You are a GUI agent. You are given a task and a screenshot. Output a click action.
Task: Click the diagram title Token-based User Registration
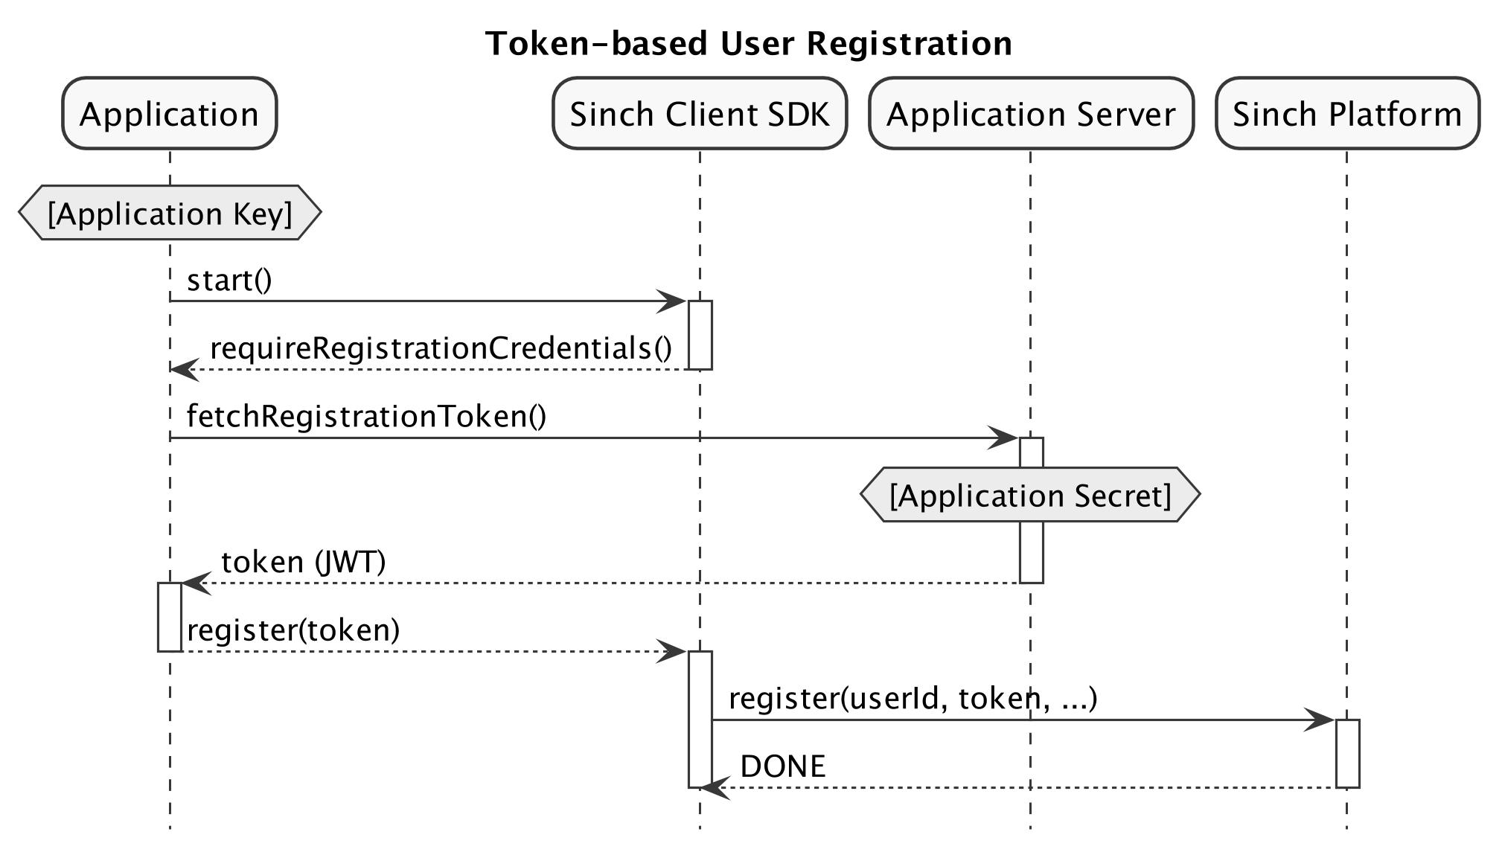coord(748,43)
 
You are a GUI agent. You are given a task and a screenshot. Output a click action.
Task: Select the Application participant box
coord(170,114)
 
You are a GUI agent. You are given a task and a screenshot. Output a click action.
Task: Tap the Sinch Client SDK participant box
coord(700,114)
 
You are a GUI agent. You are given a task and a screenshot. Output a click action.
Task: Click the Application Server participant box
coord(1031,114)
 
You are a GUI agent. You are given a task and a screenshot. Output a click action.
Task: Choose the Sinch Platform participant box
coord(1347,114)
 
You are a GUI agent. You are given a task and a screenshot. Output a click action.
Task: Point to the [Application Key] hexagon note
coord(170,214)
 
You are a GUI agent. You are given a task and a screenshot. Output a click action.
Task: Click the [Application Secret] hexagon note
coord(1030,495)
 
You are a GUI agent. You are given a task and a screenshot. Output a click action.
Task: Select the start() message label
coord(229,281)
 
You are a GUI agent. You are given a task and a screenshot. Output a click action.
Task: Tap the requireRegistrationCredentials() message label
coord(441,348)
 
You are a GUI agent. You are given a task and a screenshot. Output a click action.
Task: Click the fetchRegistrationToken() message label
coord(366,416)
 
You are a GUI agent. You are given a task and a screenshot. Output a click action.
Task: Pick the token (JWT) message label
coord(304,562)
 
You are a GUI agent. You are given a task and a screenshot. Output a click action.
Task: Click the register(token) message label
coord(293,630)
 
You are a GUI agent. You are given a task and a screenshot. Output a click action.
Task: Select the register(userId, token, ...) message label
coord(913,699)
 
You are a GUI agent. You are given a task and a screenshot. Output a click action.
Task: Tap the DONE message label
coord(783,766)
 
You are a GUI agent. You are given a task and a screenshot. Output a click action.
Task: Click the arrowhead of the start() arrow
coord(673,301)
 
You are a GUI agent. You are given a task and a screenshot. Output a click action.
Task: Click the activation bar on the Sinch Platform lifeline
coord(1347,753)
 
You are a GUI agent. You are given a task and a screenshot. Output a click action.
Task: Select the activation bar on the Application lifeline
coord(170,617)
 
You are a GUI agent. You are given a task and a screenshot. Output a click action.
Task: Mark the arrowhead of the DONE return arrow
coord(714,787)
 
